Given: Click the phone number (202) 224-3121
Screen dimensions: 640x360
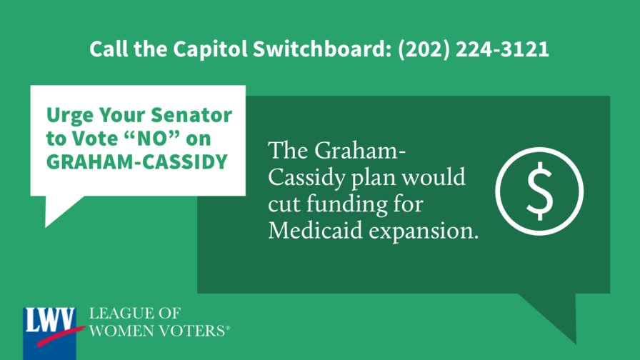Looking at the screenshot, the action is [x=474, y=49].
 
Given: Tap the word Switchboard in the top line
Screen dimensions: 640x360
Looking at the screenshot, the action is [x=319, y=49].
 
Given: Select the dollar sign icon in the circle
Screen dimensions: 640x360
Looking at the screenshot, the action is [x=539, y=191].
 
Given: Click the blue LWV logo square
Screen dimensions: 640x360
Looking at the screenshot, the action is [x=49, y=334].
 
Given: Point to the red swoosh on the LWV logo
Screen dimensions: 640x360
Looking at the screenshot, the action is [x=61, y=336].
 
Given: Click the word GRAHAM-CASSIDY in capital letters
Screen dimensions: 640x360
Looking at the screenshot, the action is [x=136, y=161].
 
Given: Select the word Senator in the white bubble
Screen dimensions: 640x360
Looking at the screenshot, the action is [x=191, y=115].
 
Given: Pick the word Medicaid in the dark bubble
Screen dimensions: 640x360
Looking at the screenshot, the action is [x=315, y=230].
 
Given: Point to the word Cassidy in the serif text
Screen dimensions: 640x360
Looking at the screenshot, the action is [x=306, y=179].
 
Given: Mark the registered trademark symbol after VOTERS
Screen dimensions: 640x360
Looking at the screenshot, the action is [x=228, y=328].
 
